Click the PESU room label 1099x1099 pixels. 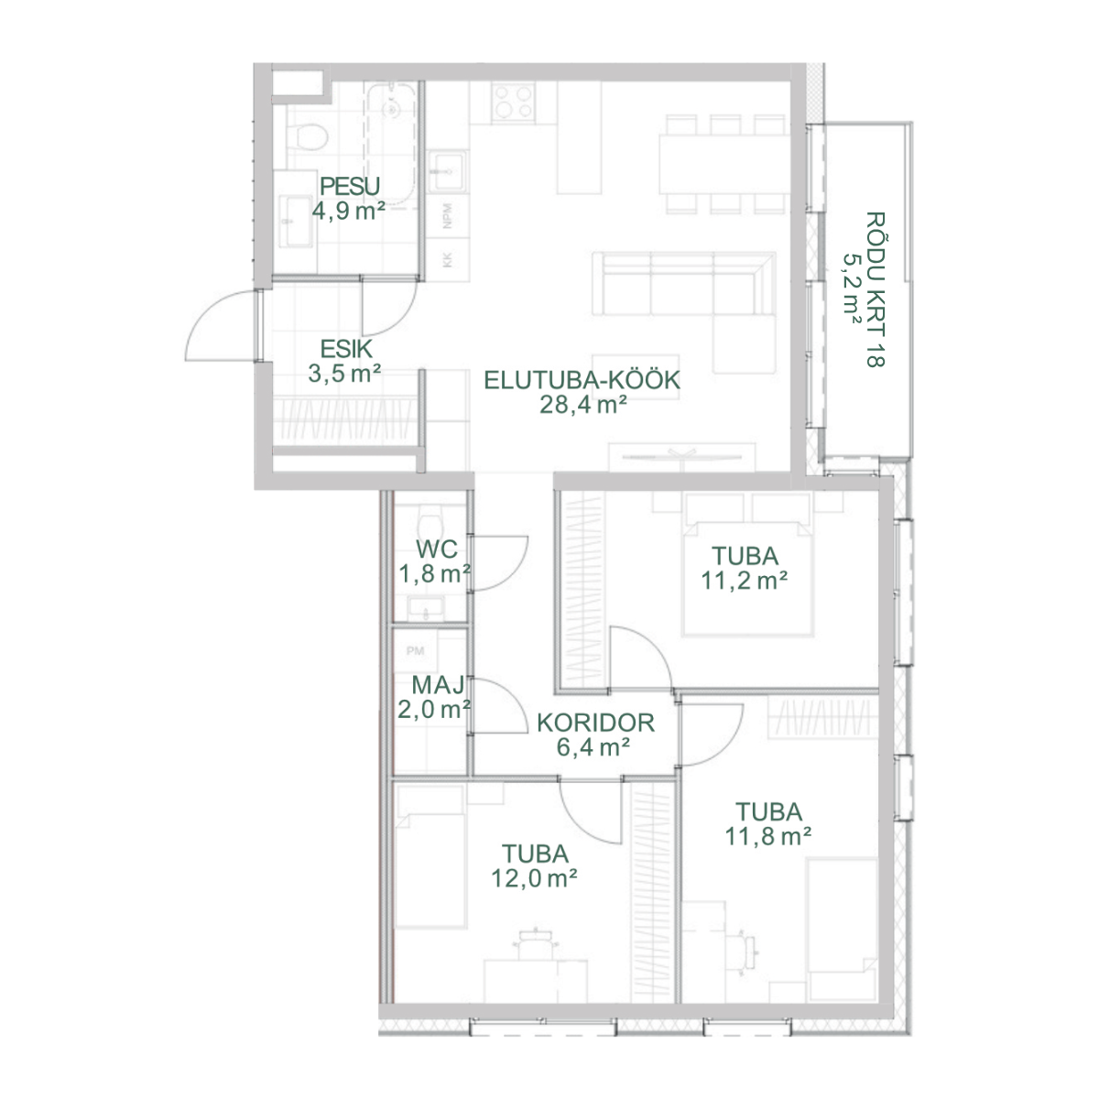coord(349,187)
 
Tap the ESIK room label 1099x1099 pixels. coord(346,349)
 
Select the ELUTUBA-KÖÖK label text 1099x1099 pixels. coord(582,380)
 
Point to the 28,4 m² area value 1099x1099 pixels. coord(582,405)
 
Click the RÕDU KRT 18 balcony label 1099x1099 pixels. coord(876,289)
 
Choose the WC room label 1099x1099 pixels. coord(437,549)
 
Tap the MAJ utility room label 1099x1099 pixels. coord(438,685)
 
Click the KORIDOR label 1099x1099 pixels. coord(595,724)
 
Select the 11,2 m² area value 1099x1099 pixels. coord(744,582)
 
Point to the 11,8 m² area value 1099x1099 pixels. coord(767,837)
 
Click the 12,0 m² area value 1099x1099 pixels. coord(534,879)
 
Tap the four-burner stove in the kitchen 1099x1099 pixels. coord(513,102)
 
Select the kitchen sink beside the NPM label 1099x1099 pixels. coord(448,171)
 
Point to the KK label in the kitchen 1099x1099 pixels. coord(447,260)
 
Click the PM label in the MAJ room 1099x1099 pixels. coord(415,651)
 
